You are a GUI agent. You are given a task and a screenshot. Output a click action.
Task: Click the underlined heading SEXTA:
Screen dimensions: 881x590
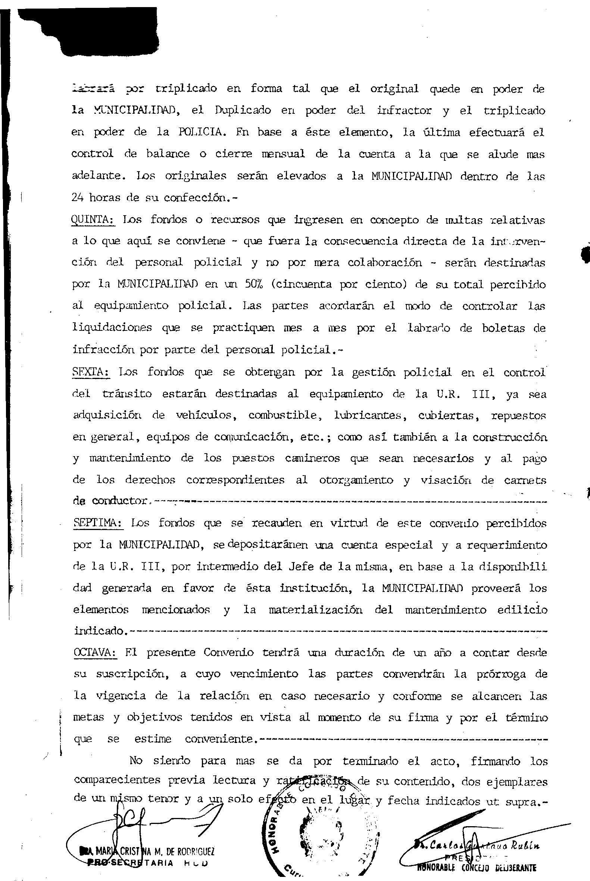click(91, 372)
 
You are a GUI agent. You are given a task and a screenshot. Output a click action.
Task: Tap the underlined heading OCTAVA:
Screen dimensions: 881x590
click(96, 652)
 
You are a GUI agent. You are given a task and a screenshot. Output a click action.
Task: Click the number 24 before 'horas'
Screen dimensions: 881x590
click(78, 197)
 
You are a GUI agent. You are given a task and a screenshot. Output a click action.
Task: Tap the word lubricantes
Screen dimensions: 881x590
click(367, 416)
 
